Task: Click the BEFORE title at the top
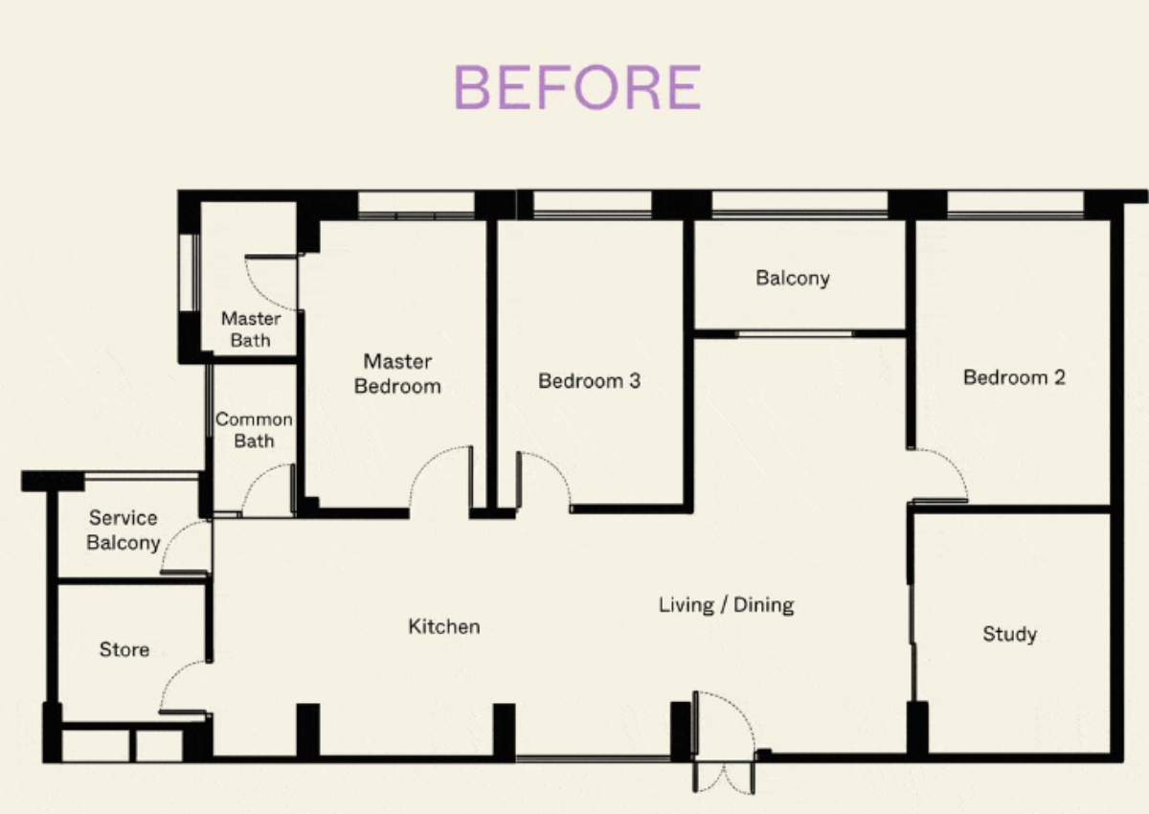pyautogui.click(x=577, y=87)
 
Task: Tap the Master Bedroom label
pyautogui.click(x=397, y=373)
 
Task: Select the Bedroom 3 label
pyautogui.click(x=590, y=380)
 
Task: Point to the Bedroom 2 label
pyautogui.click(x=1014, y=377)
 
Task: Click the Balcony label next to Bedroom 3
pyautogui.click(x=793, y=278)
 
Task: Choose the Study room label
pyautogui.click(x=1009, y=635)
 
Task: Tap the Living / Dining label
pyautogui.click(x=727, y=605)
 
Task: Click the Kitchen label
pyautogui.click(x=444, y=626)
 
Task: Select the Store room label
pyautogui.click(x=124, y=649)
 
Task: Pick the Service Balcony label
pyautogui.click(x=124, y=531)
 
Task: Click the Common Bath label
pyautogui.click(x=254, y=430)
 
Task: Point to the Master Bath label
pyautogui.click(x=251, y=329)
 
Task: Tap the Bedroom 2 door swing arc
pyautogui.click(x=952, y=464)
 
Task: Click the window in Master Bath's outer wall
pyautogui.click(x=190, y=272)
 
